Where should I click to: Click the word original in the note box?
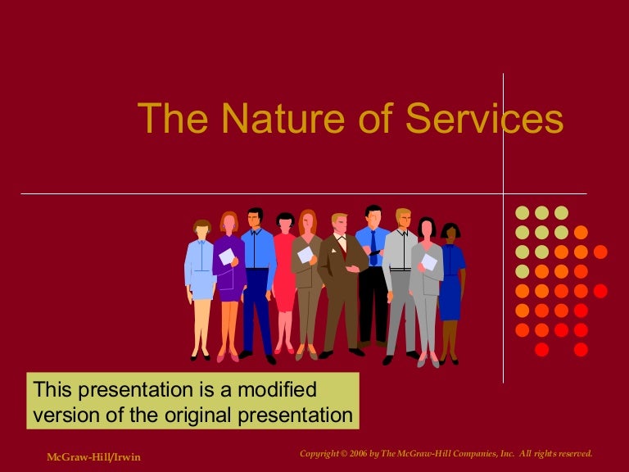(x=215, y=415)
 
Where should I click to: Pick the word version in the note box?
(x=67, y=415)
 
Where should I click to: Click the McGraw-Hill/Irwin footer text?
(x=93, y=456)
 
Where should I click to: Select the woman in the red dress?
(x=284, y=270)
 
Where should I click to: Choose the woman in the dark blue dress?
(x=450, y=279)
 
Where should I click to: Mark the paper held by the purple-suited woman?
(x=227, y=256)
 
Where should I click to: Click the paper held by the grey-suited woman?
(x=429, y=262)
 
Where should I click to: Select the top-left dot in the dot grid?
(x=522, y=213)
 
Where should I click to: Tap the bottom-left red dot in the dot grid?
(x=541, y=350)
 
